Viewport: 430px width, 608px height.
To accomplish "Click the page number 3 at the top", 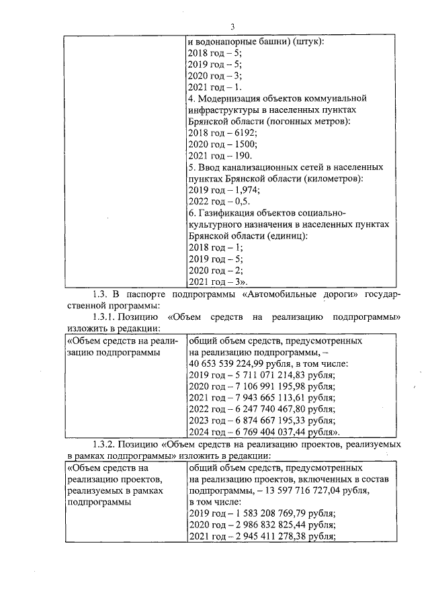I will (x=231, y=27).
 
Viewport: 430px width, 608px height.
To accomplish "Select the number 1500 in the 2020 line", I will (x=245, y=144).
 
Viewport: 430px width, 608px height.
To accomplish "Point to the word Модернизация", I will (x=230, y=98).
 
